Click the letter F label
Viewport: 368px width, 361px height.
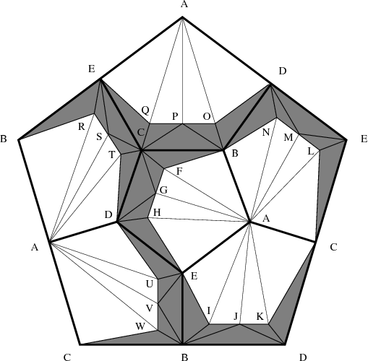point(179,172)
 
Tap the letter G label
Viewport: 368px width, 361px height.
point(163,190)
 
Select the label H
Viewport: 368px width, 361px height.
point(157,212)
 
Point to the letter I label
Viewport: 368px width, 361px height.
point(209,311)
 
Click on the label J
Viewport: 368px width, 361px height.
point(236,316)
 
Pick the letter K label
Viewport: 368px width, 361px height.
point(260,316)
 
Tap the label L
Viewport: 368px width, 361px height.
point(311,152)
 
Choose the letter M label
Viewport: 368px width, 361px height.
point(288,137)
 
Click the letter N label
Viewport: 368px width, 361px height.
point(266,132)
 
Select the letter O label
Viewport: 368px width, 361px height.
point(207,116)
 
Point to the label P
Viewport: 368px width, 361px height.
point(175,116)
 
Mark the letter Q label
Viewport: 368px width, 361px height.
point(145,110)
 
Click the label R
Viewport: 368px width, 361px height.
point(82,126)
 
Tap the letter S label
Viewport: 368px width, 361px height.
point(99,137)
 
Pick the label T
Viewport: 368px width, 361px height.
point(112,155)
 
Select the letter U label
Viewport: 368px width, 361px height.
point(150,284)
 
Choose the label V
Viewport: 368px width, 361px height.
point(150,308)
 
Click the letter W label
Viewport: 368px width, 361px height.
point(140,326)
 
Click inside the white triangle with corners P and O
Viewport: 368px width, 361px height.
point(194,89)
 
